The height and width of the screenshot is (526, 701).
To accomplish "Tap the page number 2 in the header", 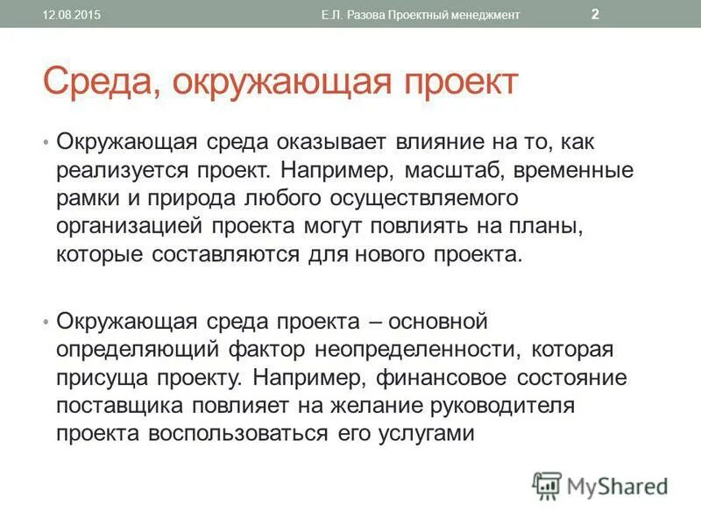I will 595,14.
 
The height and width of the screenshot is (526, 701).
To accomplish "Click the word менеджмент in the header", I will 479,15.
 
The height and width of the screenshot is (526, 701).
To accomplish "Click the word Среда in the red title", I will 96,83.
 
